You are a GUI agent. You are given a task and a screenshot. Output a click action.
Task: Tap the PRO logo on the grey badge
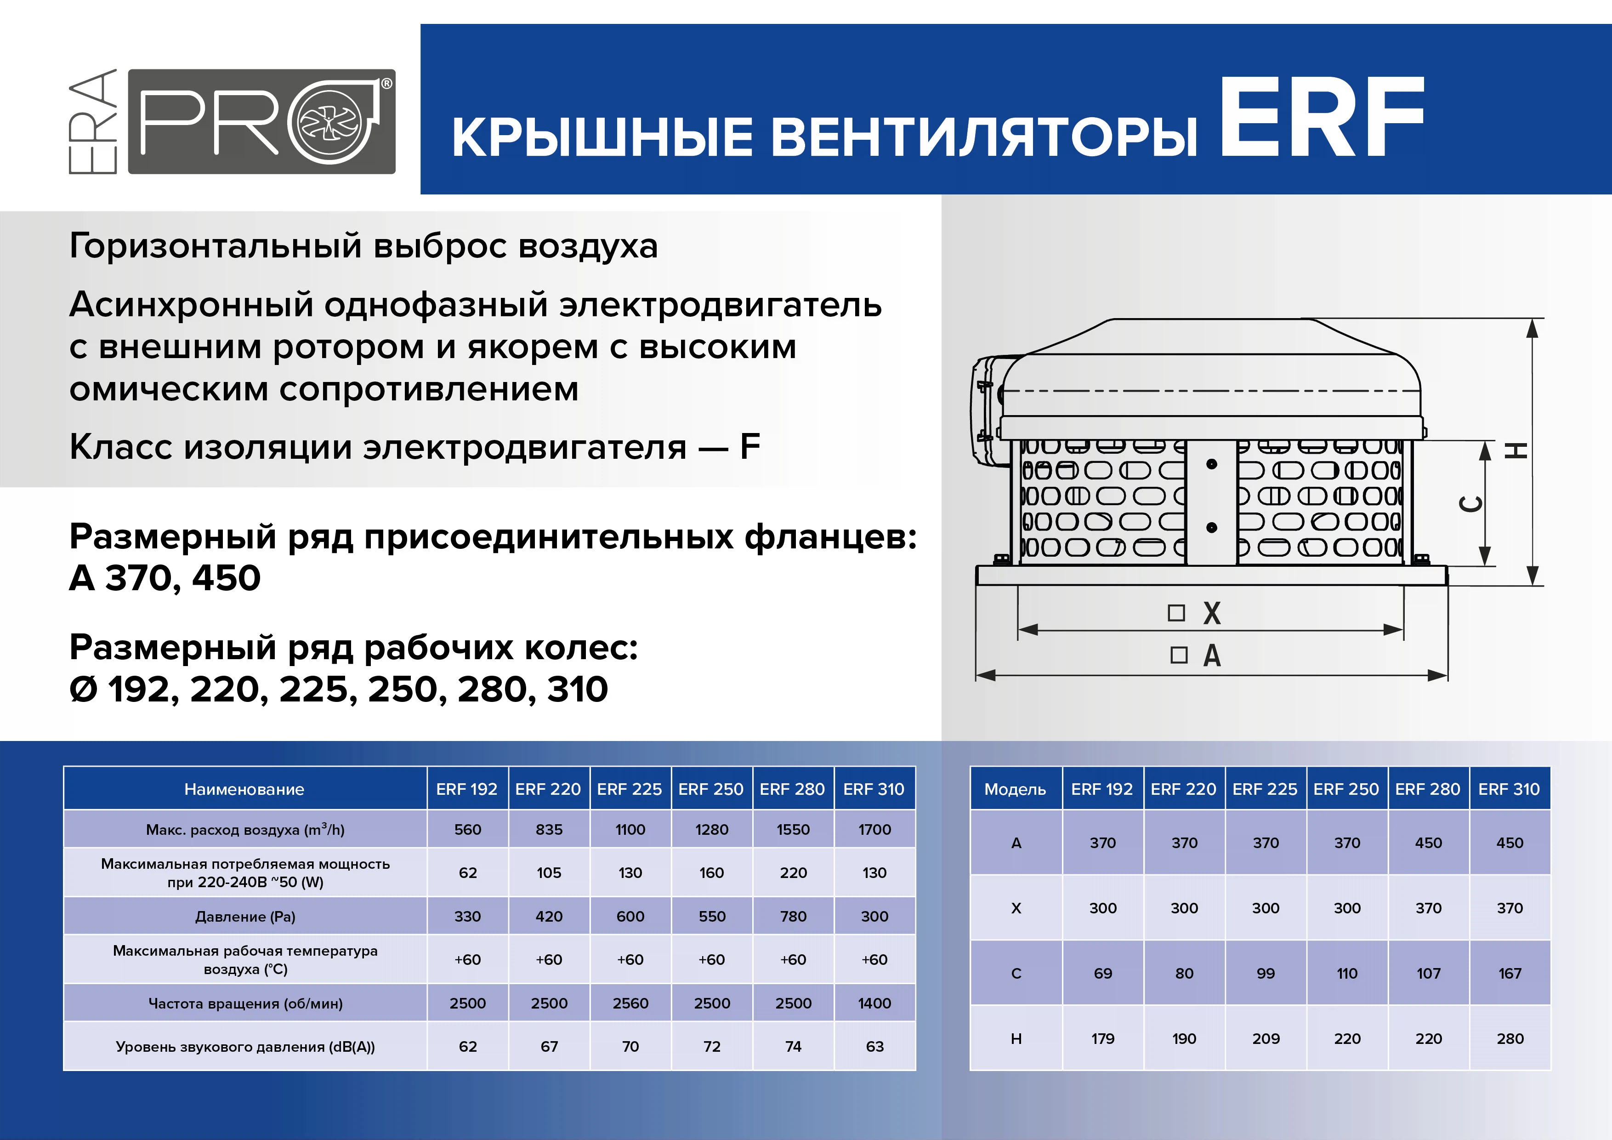[x=261, y=121]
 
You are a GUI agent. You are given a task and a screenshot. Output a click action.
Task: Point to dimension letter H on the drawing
[x=1516, y=450]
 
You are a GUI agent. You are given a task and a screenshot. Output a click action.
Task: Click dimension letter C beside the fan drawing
[x=1471, y=504]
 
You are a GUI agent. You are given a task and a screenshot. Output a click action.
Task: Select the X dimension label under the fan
[x=1211, y=613]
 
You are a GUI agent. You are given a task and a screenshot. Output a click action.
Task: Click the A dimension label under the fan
[x=1212, y=656]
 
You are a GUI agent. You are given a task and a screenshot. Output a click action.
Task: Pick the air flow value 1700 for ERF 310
[x=874, y=830]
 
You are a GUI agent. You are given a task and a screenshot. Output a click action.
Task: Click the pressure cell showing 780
[x=793, y=916]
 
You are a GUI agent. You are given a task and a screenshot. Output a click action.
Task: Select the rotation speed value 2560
[x=630, y=1003]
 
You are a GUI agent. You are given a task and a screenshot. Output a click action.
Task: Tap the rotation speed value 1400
[x=874, y=1003]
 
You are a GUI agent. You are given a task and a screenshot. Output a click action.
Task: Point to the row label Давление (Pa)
[x=245, y=917]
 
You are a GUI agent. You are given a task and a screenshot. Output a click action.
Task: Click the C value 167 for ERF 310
[x=1510, y=974]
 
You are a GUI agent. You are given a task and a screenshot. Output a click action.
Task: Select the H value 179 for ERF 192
[x=1102, y=1038]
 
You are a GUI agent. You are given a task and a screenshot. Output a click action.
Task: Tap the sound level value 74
[x=793, y=1047]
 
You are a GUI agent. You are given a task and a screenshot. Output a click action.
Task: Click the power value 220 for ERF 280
[x=793, y=872]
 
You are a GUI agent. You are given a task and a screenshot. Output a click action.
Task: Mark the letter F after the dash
[x=750, y=447]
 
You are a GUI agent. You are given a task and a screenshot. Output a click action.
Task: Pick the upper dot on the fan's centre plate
[x=1211, y=464]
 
